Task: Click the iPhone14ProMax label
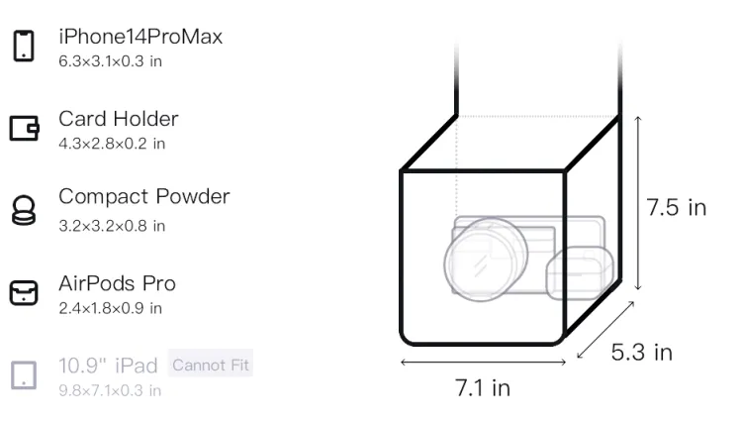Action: (x=140, y=37)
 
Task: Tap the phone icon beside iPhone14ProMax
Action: (x=24, y=46)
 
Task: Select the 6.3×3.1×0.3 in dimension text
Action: (x=110, y=61)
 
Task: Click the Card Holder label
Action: (x=119, y=119)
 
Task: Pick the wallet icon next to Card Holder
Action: (x=24, y=128)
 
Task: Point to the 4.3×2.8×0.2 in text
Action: (x=112, y=144)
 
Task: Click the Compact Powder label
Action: (x=144, y=196)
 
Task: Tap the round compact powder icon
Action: (x=24, y=210)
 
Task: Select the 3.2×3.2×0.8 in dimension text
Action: (x=112, y=226)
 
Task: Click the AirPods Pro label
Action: (x=118, y=283)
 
